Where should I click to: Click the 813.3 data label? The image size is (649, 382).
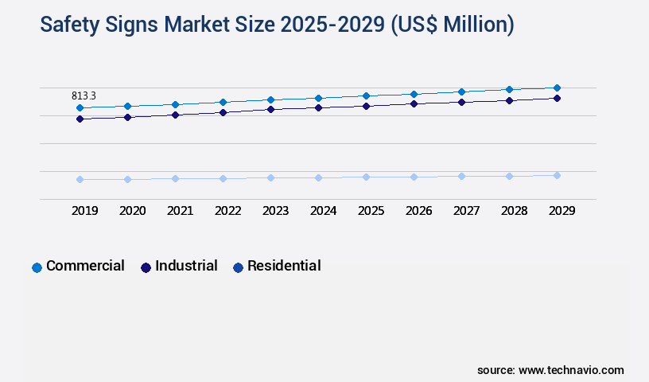tap(84, 95)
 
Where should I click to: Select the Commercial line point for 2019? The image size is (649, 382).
tap(80, 107)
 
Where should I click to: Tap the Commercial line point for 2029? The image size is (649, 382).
tap(557, 88)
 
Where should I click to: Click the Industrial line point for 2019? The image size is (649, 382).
tap(80, 119)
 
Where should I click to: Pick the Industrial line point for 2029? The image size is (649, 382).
tap(557, 98)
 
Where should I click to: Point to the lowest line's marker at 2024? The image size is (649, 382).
tap(318, 177)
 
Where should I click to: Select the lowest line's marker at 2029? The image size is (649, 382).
tap(557, 175)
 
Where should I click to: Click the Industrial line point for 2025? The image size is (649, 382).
tap(366, 106)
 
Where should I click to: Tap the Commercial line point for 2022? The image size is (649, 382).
tap(223, 102)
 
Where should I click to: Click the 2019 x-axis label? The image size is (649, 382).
tap(85, 211)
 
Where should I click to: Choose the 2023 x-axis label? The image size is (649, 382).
tap(276, 211)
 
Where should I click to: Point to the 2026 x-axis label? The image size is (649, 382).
tap(419, 211)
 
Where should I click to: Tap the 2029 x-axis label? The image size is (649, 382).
tap(562, 211)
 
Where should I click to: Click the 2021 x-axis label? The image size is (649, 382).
tap(181, 211)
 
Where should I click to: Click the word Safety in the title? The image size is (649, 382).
tap(71, 25)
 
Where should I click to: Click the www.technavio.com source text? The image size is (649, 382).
tap(571, 370)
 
